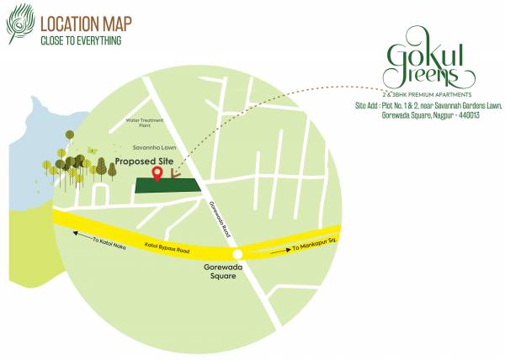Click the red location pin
(157, 173)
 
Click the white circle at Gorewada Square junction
(238, 254)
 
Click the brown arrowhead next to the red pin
(174, 174)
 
